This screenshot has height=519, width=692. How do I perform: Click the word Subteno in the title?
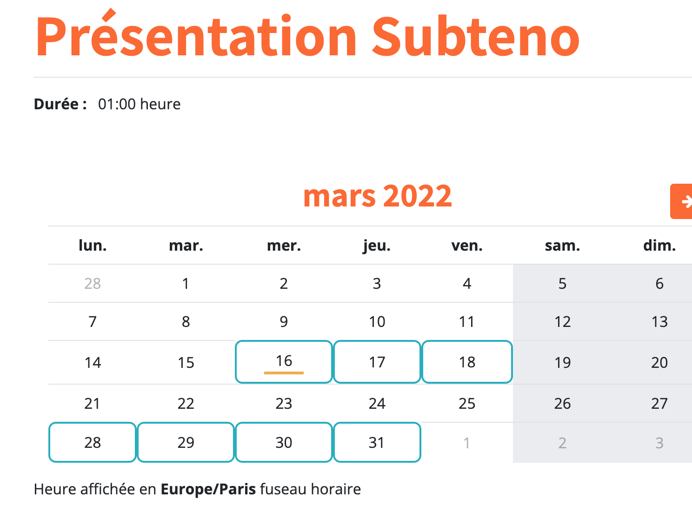click(x=475, y=36)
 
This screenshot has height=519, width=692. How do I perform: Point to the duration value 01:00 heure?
click(x=139, y=104)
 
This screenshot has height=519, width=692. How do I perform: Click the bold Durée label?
click(x=60, y=104)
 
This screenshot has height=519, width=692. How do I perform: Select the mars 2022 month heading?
click(x=377, y=196)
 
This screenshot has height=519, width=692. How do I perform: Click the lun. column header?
click(x=93, y=246)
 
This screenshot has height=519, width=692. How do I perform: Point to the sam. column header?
click(x=562, y=246)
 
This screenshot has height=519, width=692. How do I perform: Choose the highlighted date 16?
click(x=284, y=362)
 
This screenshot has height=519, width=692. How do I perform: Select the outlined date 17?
click(x=377, y=362)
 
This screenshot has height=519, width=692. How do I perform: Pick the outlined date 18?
click(x=467, y=362)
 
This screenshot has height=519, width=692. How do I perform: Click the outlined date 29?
click(x=186, y=442)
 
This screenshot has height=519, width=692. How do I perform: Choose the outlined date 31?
click(x=377, y=442)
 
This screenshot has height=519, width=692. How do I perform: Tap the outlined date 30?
click(x=284, y=442)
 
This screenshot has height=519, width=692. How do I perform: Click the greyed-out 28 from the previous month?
click(x=93, y=284)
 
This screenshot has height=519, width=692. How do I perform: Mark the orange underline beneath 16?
click(x=284, y=373)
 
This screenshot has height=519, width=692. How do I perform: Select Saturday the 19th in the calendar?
click(x=562, y=362)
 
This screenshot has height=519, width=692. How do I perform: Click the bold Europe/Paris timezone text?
click(x=208, y=489)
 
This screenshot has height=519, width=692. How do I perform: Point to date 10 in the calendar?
click(x=377, y=322)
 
